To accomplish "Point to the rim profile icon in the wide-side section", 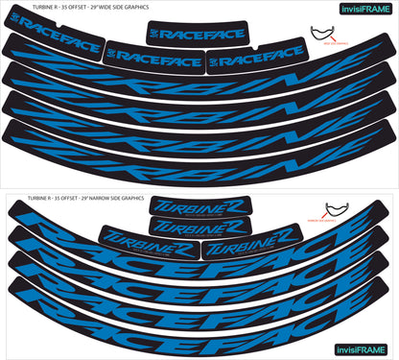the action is pos(330,35).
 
